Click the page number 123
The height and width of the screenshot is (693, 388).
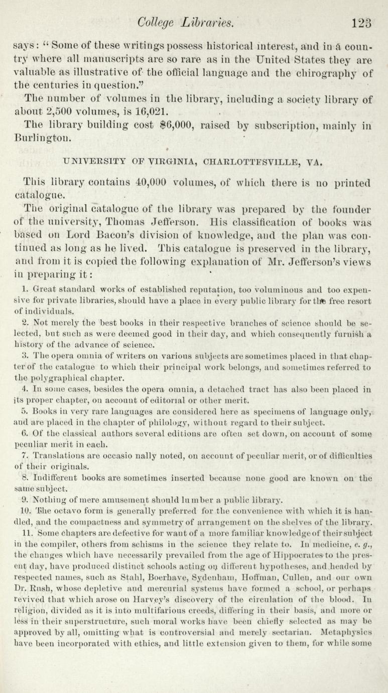[x=362, y=22]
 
